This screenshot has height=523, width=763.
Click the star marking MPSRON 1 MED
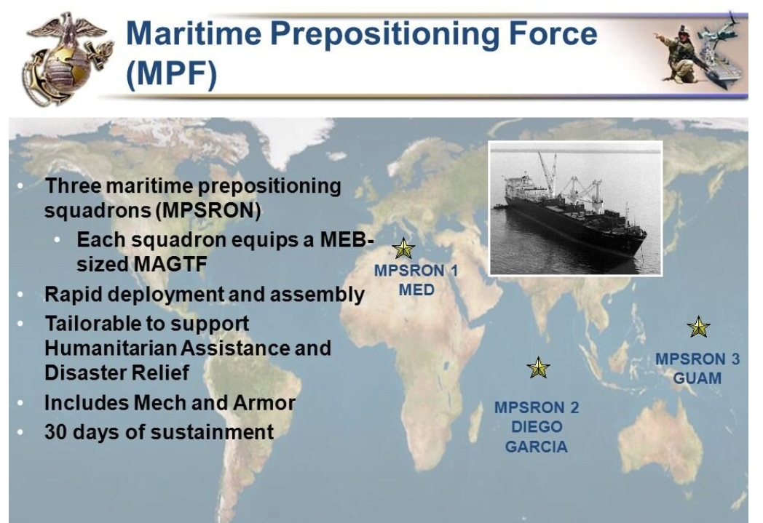pyautogui.click(x=403, y=248)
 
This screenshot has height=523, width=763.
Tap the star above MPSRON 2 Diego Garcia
pyautogui.click(x=538, y=367)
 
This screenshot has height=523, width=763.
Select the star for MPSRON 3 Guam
pyautogui.click(x=699, y=327)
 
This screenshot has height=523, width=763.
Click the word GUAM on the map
pyautogui.click(x=697, y=378)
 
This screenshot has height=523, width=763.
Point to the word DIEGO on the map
pyautogui.click(x=537, y=427)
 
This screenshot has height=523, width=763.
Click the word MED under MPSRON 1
pyautogui.click(x=416, y=290)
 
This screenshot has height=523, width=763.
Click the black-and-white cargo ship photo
pyautogui.click(x=576, y=209)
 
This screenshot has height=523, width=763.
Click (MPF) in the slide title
pyautogui.click(x=171, y=74)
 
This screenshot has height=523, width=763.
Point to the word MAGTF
pyautogui.click(x=170, y=265)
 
